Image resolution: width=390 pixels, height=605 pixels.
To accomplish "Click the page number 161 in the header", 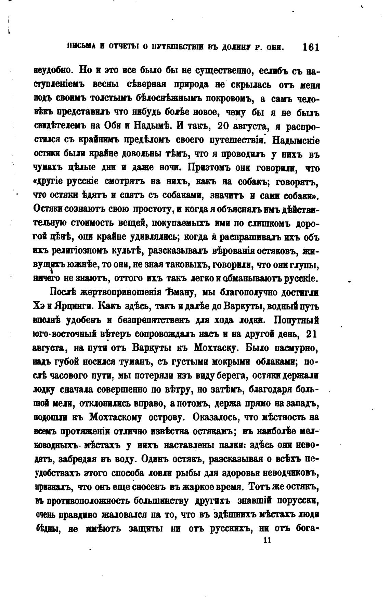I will [x=311, y=47].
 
